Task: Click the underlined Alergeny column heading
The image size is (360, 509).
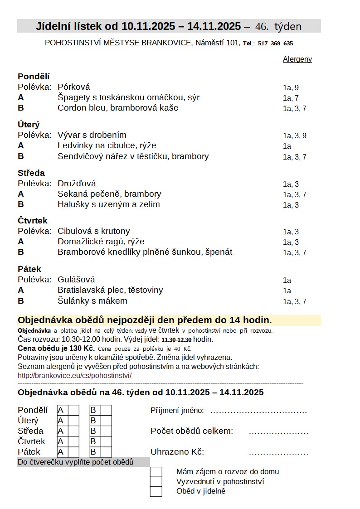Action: [297, 59]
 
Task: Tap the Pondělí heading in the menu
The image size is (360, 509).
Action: [34, 77]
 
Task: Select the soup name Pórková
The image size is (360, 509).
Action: [74, 87]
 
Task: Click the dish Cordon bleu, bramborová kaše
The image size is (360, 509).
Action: [118, 108]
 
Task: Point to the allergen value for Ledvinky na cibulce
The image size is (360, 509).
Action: [287, 146]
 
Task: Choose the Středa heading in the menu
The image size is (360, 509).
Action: [31, 173]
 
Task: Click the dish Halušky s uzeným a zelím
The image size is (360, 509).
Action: [109, 204]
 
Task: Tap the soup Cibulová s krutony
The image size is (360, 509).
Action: [94, 231]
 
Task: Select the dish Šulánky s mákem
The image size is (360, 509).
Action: [92, 301]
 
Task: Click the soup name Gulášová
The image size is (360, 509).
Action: [76, 280]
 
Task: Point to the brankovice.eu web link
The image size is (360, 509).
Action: [74, 376]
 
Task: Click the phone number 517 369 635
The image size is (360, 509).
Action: [275, 44]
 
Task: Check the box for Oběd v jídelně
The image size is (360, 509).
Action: [156, 491]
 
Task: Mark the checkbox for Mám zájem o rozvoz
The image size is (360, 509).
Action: [156, 472]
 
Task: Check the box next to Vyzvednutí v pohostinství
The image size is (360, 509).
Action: [156, 481]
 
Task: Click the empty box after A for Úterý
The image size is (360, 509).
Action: [73, 421]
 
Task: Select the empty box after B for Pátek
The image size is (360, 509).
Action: [106, 452]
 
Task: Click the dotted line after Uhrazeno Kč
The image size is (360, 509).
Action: [278, 453]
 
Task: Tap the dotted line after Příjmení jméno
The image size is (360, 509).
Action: [258, 412]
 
